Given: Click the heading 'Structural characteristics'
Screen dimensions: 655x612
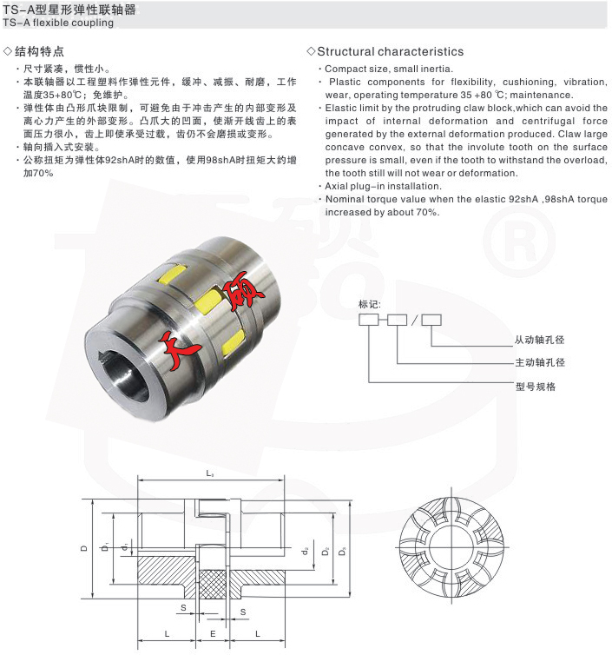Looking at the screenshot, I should [390, 51].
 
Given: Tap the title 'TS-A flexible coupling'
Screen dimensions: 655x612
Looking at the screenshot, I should [57, 23].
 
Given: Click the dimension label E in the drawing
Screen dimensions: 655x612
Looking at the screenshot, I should [213, 635].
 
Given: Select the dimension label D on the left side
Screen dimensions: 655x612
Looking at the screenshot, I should [83, 547].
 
